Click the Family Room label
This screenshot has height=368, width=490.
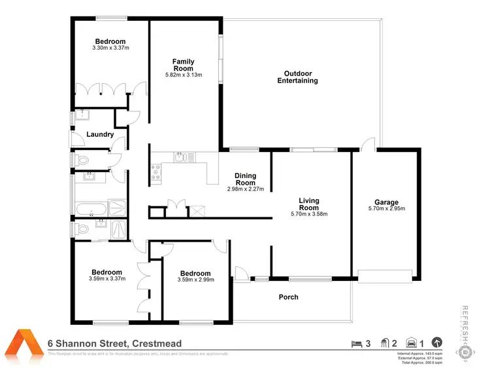point(183,65)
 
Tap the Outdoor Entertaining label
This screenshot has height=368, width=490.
point(297,77)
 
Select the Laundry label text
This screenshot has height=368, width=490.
point(100,135)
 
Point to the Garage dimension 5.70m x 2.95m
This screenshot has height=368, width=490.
point(386,210)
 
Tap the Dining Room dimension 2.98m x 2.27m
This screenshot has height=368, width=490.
point(245,189)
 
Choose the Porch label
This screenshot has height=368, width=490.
point(288,297)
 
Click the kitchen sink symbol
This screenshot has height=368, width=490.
point(180,157)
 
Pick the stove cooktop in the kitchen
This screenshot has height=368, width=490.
point(157,172)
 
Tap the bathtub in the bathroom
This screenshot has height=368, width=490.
point(90,210)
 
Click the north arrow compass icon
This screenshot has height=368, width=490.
point(437,342)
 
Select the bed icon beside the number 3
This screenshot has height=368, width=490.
point(356,342)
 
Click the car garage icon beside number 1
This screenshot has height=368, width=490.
point(412,342)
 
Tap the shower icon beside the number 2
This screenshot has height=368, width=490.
point(385,342)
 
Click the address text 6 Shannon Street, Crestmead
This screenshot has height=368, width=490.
point(114,343)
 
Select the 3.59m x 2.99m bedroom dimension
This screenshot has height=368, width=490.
point(195,280)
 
